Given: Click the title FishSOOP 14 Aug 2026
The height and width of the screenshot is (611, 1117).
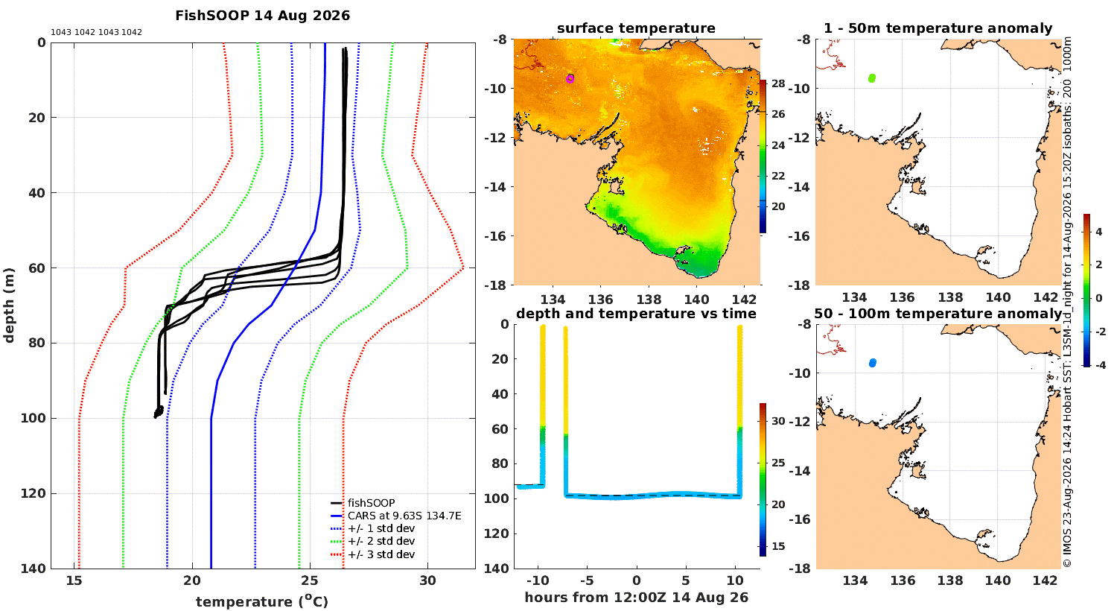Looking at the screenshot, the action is click(262, 16).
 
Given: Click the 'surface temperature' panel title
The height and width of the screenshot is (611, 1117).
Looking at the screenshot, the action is click(636, 28).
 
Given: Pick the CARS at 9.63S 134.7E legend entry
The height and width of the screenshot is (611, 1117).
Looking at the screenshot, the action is click(396, 516).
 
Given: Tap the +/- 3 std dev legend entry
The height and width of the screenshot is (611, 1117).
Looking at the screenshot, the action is click(372, 554).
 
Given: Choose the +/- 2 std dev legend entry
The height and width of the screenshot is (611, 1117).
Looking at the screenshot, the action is click(372, 541).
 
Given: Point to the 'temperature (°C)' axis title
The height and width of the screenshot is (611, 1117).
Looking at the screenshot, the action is click(262, 601).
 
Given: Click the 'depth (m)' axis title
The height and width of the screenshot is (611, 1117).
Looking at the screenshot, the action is click(9, 305).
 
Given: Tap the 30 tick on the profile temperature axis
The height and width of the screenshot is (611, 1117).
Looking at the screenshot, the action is click(427, 580).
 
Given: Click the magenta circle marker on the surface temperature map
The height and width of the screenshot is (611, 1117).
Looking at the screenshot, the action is click(570, 79).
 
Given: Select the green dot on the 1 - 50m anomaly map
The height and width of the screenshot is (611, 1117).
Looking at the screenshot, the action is click(872, 77).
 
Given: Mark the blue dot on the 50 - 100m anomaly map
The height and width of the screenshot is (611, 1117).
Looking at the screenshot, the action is click(872, 363).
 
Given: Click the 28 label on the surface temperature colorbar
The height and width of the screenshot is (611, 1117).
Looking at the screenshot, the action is click(778, 83).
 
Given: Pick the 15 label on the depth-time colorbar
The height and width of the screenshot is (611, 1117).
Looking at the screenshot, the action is click(778, 546).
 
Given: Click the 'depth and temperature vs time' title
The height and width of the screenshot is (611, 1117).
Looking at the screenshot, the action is click(636, 314).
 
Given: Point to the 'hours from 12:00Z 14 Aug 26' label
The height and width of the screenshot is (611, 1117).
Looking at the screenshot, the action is click(636, 597).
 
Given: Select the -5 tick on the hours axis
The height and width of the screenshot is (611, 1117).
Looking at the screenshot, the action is click(587, 580).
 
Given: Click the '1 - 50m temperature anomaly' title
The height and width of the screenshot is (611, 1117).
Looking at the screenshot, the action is click(938, 28).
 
